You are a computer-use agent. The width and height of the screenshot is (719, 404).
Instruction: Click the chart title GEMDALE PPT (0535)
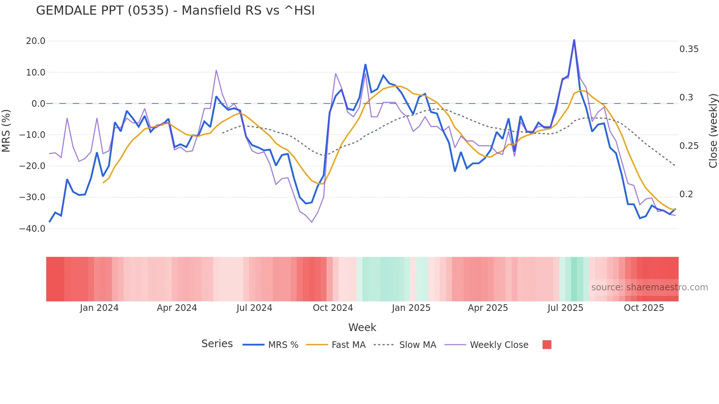pos(175,11)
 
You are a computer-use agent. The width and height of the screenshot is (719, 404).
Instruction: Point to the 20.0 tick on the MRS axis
pos(36,41)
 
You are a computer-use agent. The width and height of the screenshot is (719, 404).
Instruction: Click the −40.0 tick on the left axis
pos(32,229)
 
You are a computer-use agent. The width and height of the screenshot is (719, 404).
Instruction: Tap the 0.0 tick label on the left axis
pos(39,104)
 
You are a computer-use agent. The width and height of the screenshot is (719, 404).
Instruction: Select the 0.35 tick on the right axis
pos(689,49)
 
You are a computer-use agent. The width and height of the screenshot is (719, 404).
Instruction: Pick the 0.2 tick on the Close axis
pos(686,194)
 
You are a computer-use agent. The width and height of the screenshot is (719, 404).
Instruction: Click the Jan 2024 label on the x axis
pos(99,308)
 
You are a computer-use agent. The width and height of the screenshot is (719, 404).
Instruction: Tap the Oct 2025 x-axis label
pos(644,308)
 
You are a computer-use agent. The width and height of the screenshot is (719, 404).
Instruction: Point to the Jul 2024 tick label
pos(254,308)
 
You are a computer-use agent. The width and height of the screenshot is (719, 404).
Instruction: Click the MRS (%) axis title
pos(6,131)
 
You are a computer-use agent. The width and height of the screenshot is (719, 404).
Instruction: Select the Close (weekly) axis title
pos(713,131)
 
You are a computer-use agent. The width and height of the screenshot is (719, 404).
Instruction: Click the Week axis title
pos(362,327)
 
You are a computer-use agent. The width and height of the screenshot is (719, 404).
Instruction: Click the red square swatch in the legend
pos(547,345)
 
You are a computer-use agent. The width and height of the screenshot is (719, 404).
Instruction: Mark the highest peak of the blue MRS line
pos(574,40)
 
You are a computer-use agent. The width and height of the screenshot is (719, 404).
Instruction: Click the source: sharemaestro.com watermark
pos(649,287)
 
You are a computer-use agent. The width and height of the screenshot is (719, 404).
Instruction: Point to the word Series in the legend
pos(217,344)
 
